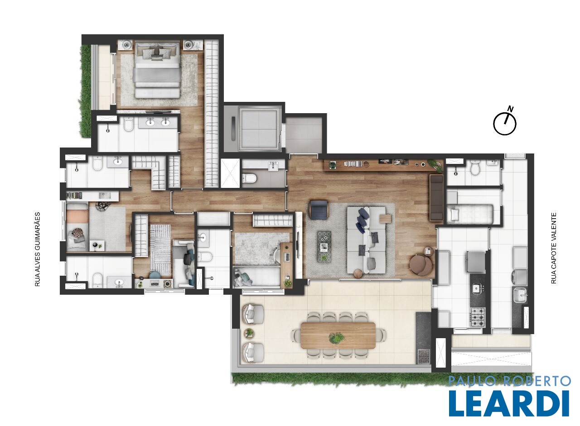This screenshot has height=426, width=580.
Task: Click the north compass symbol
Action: (505, 123)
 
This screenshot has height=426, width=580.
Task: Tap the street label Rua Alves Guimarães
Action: (38, 249)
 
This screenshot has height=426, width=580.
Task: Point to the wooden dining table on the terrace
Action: (338, 336)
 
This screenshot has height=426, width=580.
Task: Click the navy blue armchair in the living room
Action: (319, 210)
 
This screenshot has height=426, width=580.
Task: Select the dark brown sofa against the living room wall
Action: (436, 198)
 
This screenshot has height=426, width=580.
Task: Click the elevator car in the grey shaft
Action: (259, 129)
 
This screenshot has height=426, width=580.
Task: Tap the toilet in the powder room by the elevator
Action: (249, 178)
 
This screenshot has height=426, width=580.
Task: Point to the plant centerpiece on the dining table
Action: (337, 337)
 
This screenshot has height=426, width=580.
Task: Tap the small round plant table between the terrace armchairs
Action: (249, 333)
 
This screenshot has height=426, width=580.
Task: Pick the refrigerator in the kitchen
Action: (476, 261)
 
